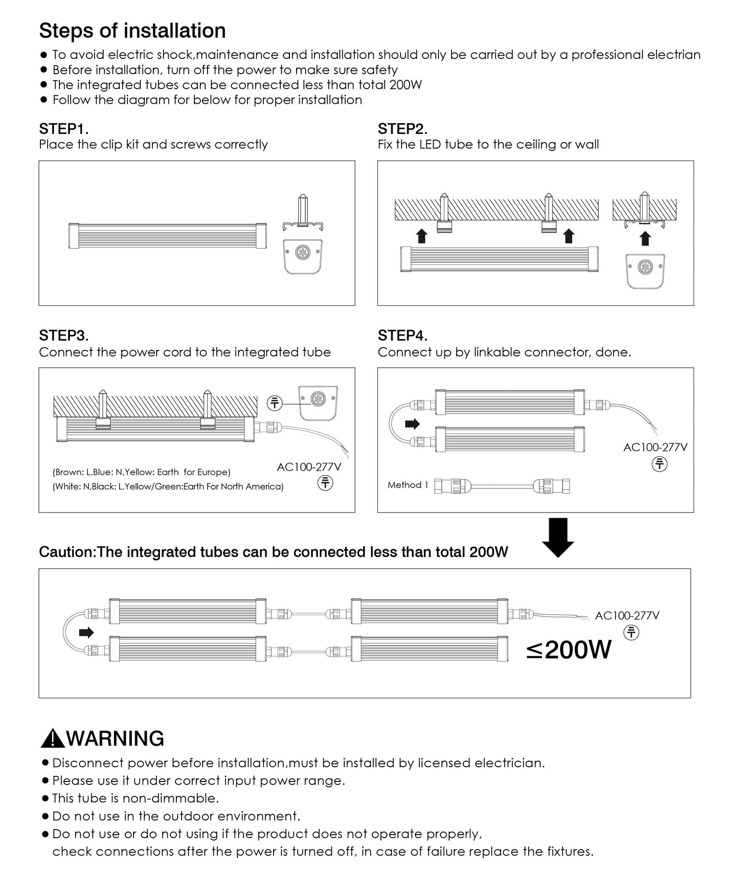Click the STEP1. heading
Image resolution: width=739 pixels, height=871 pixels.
tap(64, 129)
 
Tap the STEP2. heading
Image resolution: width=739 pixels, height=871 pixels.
tap(402, 129)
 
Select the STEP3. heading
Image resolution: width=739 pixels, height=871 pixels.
tap(64, 336)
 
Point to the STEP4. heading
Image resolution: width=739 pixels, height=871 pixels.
tap(402, 336)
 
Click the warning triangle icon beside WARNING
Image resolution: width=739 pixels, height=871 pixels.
tap(52, 740)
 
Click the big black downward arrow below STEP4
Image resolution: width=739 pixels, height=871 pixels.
tap(558, 537)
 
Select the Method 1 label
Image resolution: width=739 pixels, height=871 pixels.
tap(408, 485)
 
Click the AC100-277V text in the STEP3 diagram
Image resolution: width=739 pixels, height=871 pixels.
tap(309, 467)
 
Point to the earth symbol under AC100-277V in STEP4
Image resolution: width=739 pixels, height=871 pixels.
tap(660, 464)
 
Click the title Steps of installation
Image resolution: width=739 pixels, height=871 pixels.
tap(132, 31)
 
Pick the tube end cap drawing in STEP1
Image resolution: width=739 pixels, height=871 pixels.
tap(303, 254)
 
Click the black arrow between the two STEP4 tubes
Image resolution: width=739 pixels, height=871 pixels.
tap(412, 424)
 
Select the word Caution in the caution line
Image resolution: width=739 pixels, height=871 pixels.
tap(66, 552)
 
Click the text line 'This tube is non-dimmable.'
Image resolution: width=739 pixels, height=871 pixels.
tap(136, 798)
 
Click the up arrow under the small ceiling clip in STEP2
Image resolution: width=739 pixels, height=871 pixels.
tap(645, 238)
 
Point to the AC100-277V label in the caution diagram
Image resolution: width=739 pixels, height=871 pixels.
tap(627, 616)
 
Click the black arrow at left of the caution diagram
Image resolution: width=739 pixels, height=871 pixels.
tap(86, 633)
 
